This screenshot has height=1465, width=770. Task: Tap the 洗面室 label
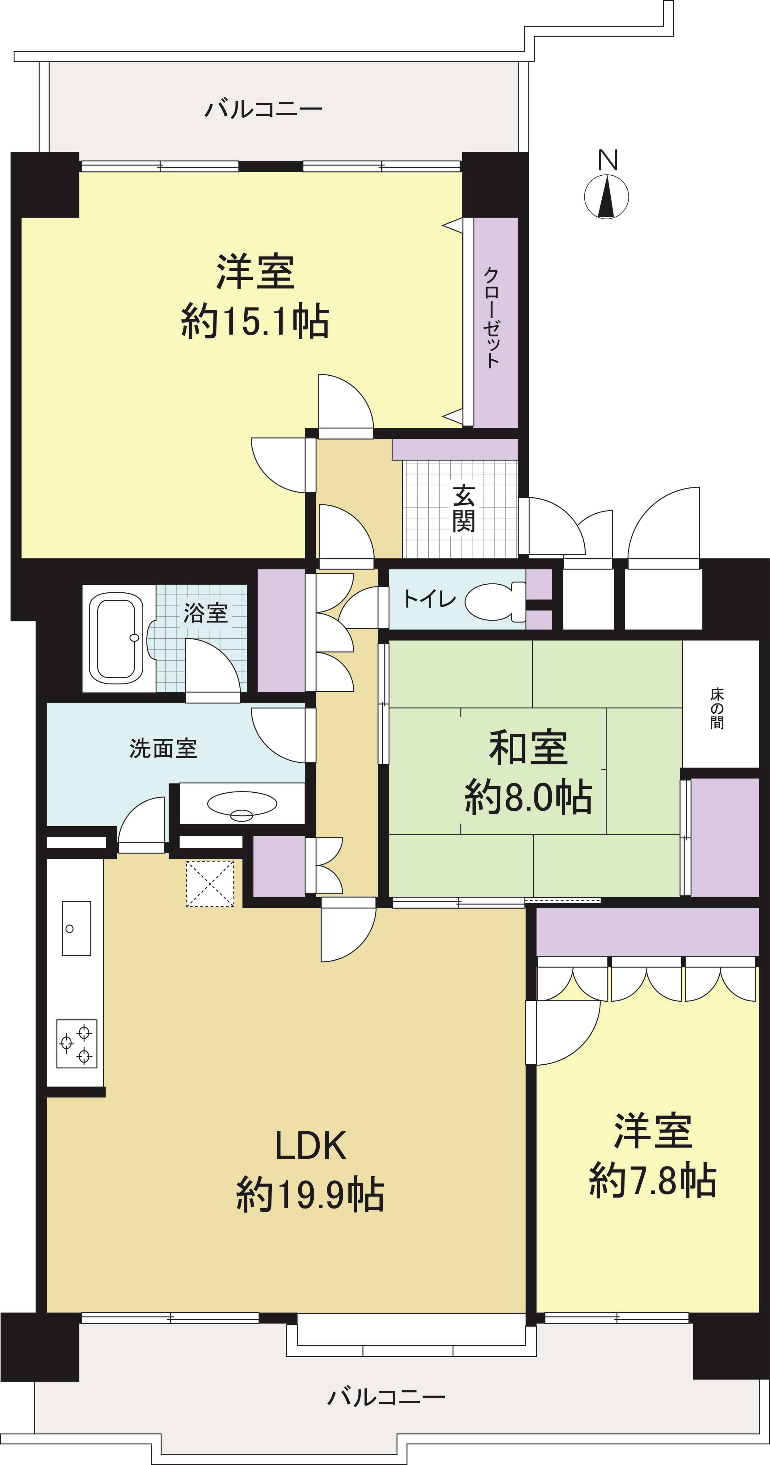pos(163,749)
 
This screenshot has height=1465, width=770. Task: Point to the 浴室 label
pos(205,612)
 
